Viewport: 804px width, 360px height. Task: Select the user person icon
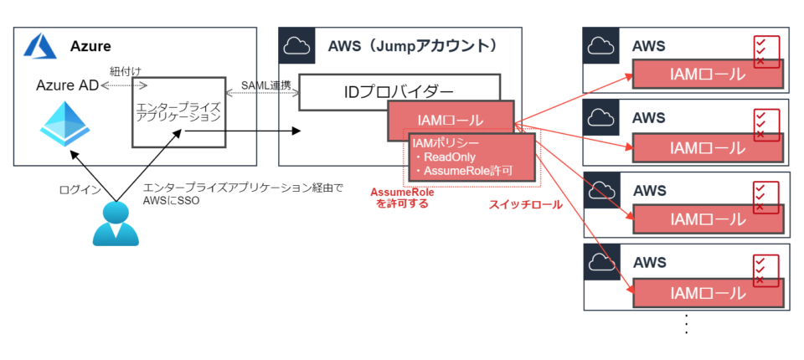[115, 224]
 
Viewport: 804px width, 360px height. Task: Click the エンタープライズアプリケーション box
[178, 111]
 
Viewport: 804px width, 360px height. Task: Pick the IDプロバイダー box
[399, 91]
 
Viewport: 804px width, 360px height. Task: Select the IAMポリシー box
[471, 157]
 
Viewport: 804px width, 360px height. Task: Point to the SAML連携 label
[265, 85]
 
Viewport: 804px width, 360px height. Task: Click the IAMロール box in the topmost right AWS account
[708, 75]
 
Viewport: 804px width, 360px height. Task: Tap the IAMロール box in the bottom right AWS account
[708, 292]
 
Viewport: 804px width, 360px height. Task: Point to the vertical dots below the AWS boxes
[687, 324]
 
